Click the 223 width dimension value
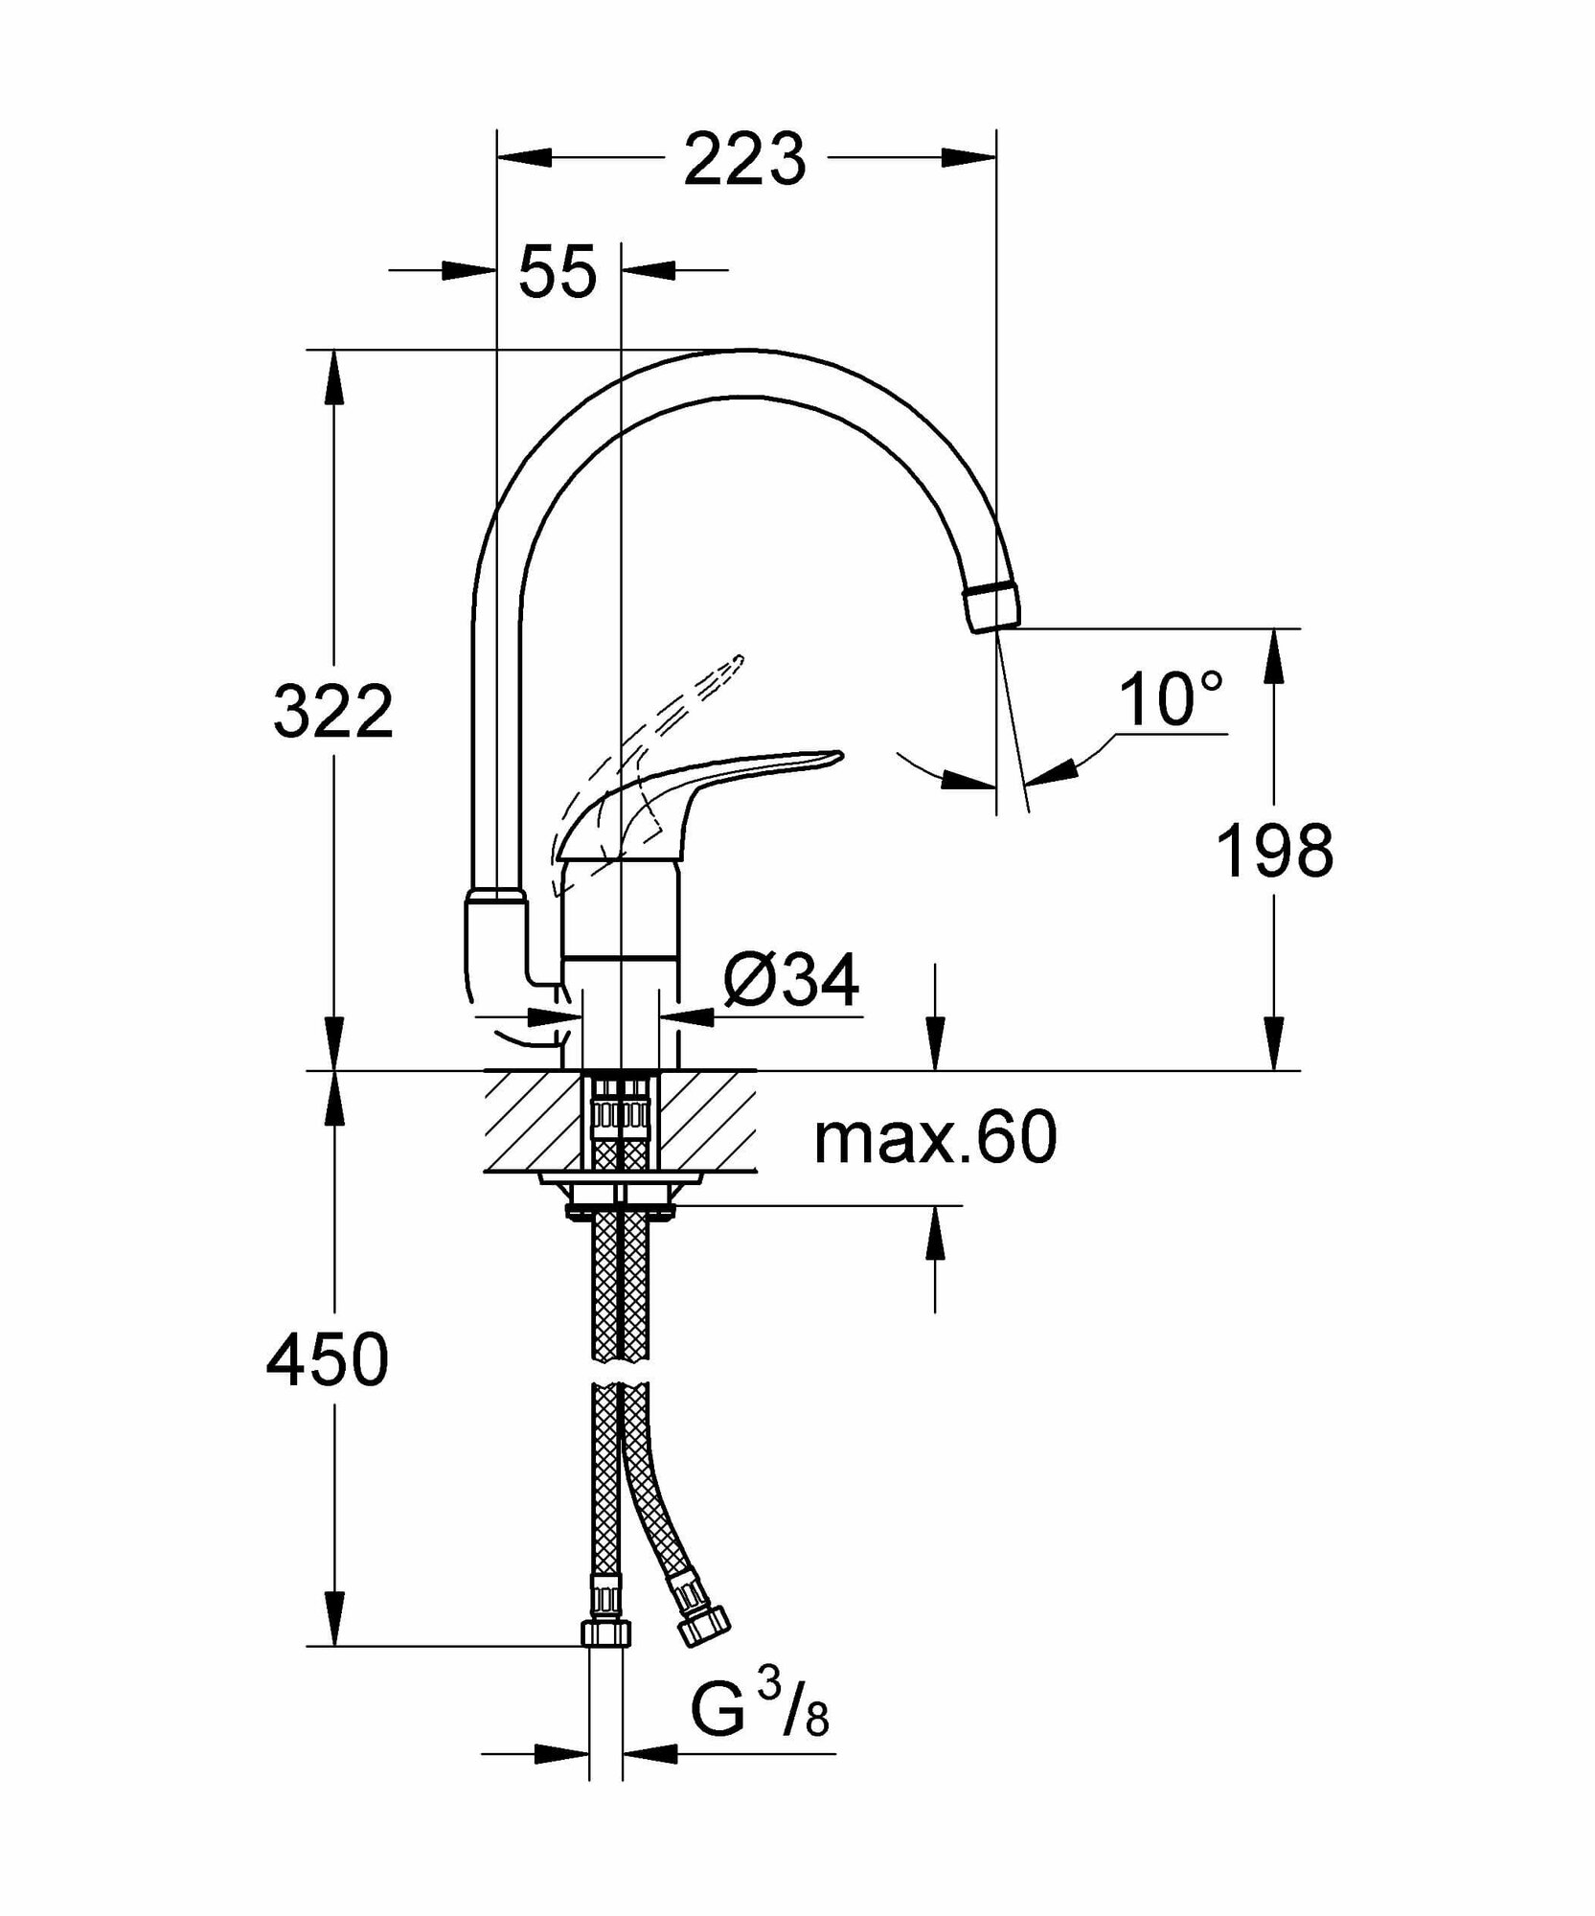[x=744, y=159]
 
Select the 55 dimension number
[x=558, y=272]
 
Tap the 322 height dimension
[x=333, y=711]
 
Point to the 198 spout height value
[x=1274, y=851]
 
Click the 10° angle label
[x=1170, y=699]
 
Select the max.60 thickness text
[x=935, y=1137]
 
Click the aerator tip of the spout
[x=991, y=605]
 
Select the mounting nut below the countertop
[x=621, y=1197]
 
